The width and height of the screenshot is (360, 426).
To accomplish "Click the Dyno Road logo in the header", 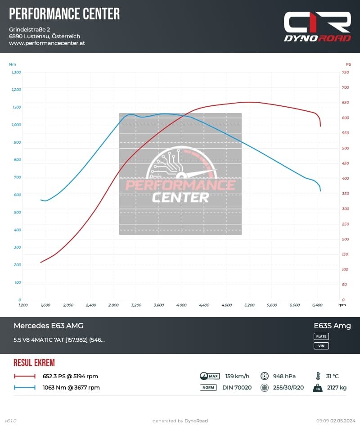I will coord(317,27).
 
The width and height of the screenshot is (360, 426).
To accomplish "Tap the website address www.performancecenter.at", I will coord(47,43).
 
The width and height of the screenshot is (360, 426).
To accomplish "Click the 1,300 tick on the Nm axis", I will coord(16,72).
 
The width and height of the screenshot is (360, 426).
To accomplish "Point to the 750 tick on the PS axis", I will coord(346,72).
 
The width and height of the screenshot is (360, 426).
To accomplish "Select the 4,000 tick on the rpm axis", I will coord(181,305).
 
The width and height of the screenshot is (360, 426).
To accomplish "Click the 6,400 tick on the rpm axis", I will coord(317,305).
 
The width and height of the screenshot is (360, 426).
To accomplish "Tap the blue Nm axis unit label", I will coord(13,64).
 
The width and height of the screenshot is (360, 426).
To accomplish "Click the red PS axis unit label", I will coord(348,64).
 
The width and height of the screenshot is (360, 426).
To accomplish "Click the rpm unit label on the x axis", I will coord(342,305).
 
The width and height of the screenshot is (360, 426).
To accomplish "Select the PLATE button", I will coord(321,336).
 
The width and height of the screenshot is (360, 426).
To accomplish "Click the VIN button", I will coord(321,346).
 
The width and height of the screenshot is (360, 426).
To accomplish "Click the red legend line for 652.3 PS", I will coord(25,376).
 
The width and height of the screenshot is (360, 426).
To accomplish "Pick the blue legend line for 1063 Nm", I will coord(25,387).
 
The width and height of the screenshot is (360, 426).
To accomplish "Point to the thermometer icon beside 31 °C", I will coord(318,376).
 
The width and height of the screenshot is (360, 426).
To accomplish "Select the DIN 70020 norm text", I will coord(237,387).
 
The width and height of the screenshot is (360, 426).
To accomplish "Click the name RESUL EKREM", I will coord(34,363).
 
